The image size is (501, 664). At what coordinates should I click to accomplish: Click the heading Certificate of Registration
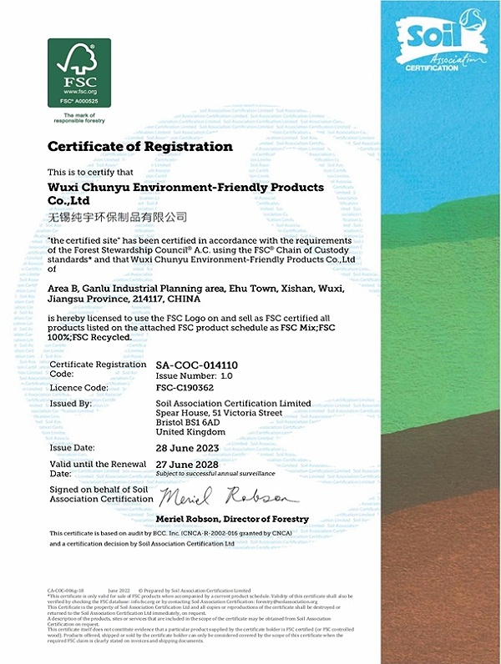139,147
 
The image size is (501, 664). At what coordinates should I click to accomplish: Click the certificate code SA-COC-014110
197,365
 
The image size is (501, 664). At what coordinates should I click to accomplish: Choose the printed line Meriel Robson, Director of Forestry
232,519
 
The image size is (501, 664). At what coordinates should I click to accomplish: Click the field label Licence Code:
78,388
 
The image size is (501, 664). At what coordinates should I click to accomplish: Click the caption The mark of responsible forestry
79,117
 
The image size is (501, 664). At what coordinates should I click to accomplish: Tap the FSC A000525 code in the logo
78,100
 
